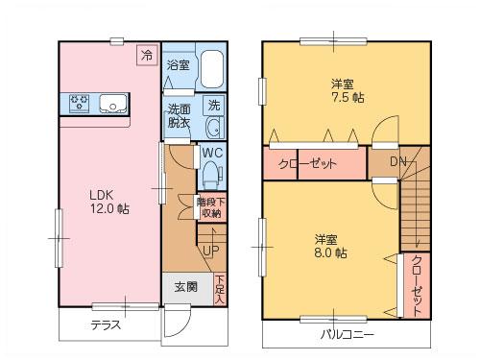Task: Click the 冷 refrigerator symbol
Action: (147, 56)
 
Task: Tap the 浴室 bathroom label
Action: (178, 65)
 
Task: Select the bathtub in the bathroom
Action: (211, 69)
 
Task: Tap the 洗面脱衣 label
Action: (179, 115)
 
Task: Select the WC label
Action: (212, 152)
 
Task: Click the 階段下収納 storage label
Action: (211, 207)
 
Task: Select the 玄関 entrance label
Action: (186, 286)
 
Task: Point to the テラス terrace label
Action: (106, 324)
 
